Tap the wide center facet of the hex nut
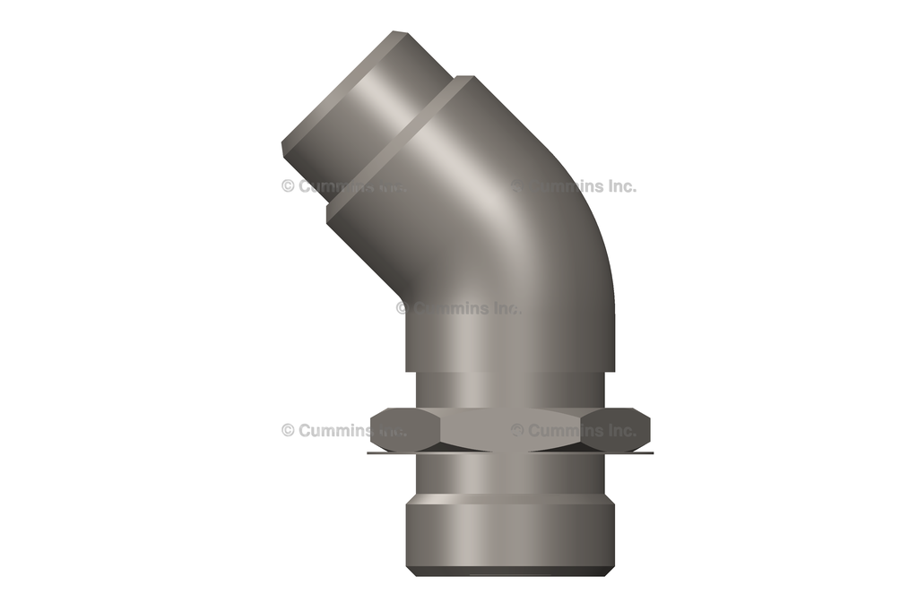coord(509,429)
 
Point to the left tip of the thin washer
coord(370,452)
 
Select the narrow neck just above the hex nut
coord(509,390)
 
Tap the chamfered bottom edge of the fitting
coord(509,571)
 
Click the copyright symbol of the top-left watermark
coord(288,186)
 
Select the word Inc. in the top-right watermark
coord(618,186)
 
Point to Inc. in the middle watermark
coord(503,308)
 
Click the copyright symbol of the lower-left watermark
coord(288,430)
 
